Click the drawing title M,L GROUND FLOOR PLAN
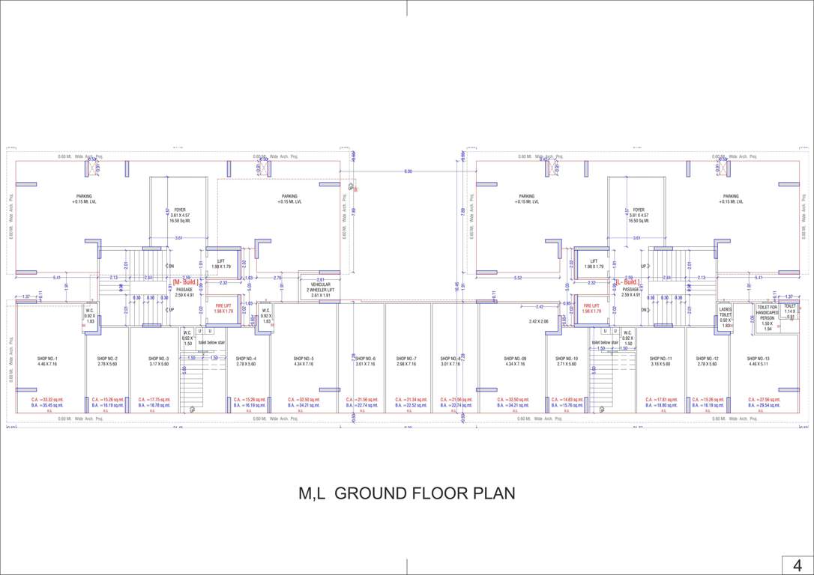(x=407, y=494)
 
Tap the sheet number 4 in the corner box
(x=798, y=564)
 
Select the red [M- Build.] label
(x=186, y=282)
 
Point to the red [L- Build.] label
(x=627, y=282)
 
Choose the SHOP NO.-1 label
(x=47, y=359)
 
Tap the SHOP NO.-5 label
(x=304, y=359)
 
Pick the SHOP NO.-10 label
(x=565, y=359)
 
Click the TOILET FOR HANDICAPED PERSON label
(x=767, y=312)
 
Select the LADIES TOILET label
(x=725, y=312)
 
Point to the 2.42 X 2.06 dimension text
(x=539, y=321)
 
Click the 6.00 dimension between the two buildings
(x=408, y=172)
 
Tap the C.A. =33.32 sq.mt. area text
(x=47, y=400)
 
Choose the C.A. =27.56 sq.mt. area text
(x=764, y=400)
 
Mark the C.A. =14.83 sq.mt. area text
(x=566, y=400)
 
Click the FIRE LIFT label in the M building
(x=223, y=305)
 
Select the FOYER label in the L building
(x=638, y=210)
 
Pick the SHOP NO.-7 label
(x=406, y=359)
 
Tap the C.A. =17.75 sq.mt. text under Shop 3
(x=153, y=400)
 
